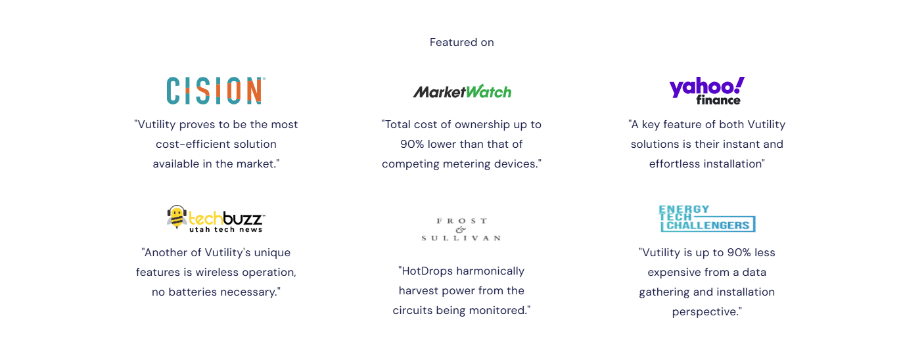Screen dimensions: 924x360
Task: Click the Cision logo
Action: [x=216, y=90]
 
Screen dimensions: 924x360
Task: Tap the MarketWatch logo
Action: [x=462, y=91]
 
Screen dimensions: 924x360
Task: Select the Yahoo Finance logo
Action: [x=707, y=91]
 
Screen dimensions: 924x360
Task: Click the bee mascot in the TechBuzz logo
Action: [x=177, y=217]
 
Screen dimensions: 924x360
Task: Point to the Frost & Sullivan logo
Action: [x=461, y=229]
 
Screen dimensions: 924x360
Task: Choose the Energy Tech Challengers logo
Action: [x=707, y=219]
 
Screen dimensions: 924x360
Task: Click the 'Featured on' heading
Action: [x=461, y=42]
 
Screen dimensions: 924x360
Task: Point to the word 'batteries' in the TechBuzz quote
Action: [x=192, y=292]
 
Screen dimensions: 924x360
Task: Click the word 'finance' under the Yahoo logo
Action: [x=718, y=101]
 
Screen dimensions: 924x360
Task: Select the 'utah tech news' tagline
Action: [x=225, y=230]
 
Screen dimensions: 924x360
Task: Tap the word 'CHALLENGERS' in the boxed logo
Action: [x=708, y=225]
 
